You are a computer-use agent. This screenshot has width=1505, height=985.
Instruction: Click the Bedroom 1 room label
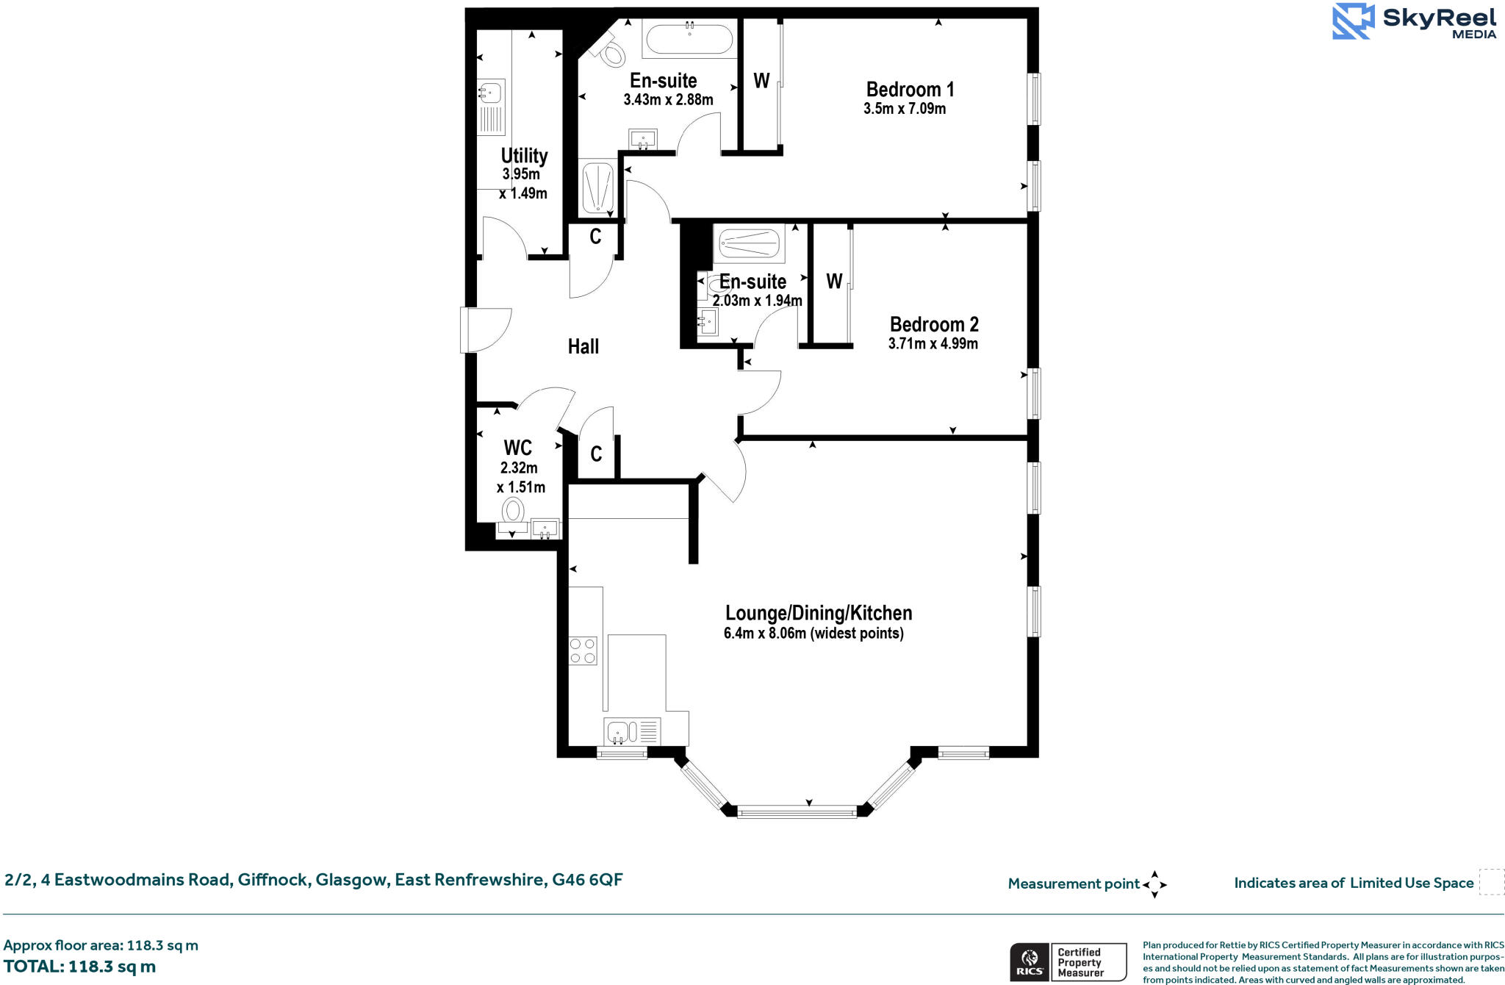[x=910, y=90]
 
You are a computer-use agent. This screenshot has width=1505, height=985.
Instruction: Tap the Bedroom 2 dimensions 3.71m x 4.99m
[x=933, y=343]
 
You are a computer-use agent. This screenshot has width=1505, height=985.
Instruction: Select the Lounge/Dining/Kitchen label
[x=818, y=613]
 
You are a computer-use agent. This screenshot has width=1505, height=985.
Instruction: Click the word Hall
[x=583, y=346]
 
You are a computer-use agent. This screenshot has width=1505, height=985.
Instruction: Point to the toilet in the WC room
[x=513, y=510]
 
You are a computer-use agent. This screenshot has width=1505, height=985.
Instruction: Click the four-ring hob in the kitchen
[x=583, y=651]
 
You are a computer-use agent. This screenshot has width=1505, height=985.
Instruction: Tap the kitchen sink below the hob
[x=618, y=731]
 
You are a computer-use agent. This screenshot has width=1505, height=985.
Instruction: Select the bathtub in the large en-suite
[x=689, y=39]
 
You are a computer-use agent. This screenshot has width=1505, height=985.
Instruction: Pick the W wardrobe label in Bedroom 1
[x=761, y=81]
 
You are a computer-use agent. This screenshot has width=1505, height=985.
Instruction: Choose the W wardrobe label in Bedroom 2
[x=833, y=281]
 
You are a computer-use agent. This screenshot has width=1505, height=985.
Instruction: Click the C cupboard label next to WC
[x=596, y=454]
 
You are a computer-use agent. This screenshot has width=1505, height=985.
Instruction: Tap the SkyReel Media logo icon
[x=1352, y=21]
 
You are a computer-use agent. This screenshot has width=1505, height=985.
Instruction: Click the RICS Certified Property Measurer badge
[x=1068, y=961]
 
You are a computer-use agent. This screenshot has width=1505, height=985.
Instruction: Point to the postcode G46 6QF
[x=587, y=879]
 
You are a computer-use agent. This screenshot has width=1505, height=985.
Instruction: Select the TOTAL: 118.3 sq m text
[x=79, y=967]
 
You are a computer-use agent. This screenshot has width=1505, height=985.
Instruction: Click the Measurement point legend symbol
[x=1154, y=884]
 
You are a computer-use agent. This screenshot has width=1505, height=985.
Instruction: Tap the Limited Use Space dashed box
[x=1491, y=882]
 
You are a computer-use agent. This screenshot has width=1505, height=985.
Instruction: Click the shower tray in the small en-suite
[x=748, y=243]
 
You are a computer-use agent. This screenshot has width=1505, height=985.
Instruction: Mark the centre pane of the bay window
[x=797, y=812]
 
